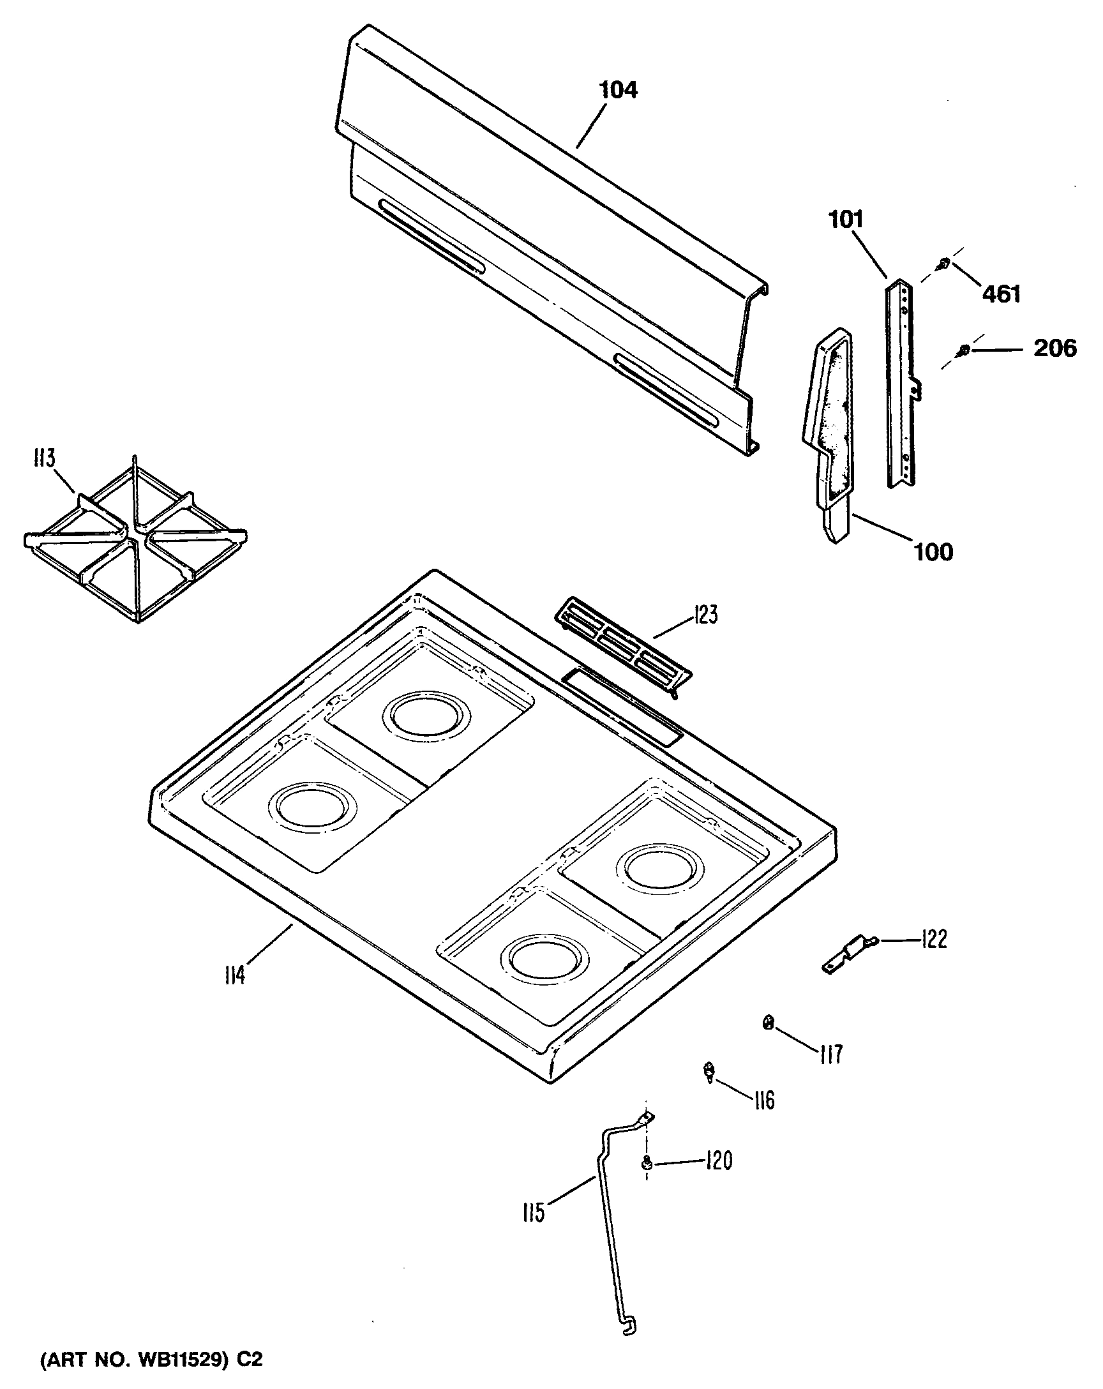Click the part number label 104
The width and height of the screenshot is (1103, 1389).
point(618,90)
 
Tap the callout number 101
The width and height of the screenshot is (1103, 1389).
point(845,220)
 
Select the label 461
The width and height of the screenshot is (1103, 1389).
point(1002,294)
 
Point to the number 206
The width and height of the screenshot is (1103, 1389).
point(1054,349)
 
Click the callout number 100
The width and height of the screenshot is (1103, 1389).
point(934,552)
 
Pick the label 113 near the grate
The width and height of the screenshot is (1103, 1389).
point(45,459)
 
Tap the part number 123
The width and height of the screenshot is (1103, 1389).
point(705,615)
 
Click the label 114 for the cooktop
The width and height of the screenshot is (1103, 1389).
point(235,975)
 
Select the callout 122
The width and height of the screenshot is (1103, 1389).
point(934,940)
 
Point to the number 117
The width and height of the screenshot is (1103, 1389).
point(831,1055)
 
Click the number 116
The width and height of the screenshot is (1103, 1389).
point(764,1100)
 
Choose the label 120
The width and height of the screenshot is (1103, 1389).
point(718,1161)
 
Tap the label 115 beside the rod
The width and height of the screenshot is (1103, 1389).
point(534,1212)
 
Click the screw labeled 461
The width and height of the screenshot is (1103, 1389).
point(944,263)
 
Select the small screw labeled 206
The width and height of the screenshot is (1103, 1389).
point(964,350)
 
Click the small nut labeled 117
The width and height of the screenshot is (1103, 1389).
point(768,1022)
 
